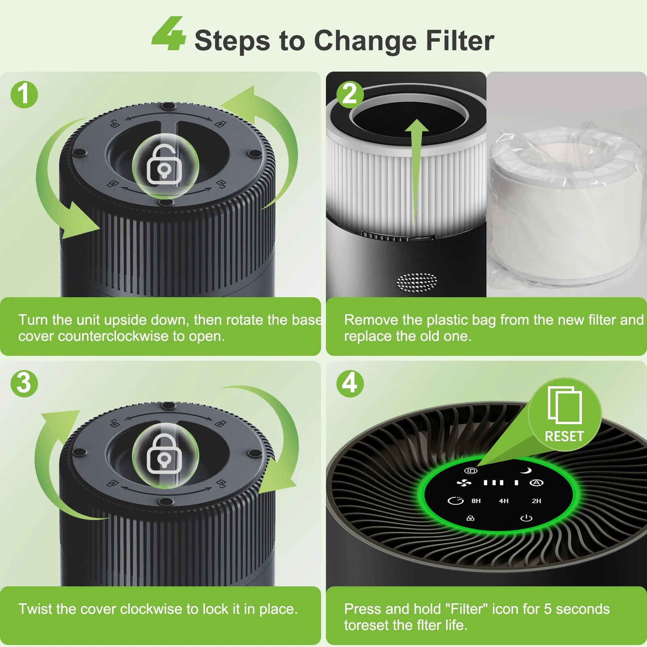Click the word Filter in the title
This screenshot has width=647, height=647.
click(460, 41)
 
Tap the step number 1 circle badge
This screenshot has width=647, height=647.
click(24, 95)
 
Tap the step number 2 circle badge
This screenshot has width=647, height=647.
click(350, 95)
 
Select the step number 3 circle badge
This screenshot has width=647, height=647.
click(24, 383)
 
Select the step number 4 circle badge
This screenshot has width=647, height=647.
click(350, 383)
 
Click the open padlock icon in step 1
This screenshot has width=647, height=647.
click(164, 165)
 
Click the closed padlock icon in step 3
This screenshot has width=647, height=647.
click(164, 454)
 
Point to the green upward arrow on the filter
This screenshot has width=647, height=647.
click(417, 174)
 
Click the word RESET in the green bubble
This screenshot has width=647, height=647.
click(565, 436)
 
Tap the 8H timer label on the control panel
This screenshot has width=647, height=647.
click(476, 501)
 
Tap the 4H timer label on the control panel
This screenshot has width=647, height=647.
click(504, 501)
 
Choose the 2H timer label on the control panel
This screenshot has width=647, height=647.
click(537, 501)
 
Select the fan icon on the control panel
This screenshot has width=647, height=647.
click(464, 483)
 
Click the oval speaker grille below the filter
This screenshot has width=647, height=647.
click(417, 282)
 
